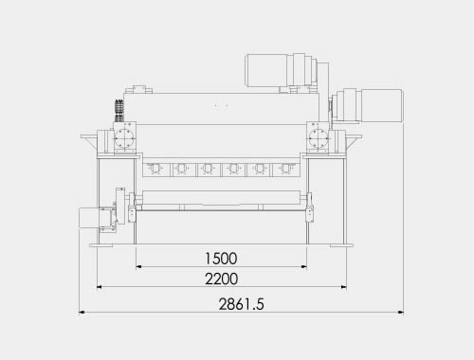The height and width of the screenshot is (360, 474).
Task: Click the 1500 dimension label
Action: click(x=221, y=259)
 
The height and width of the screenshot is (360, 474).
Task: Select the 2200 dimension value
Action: click(x=221, y=279)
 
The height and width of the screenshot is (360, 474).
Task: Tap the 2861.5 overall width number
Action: click(x=241, y=304)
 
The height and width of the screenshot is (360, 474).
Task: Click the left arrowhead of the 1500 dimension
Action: click(x=138, y=267)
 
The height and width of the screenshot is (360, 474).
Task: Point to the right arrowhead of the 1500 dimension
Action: click(x=304, y=267)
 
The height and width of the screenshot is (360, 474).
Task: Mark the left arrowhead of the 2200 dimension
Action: click(x=100, y=287)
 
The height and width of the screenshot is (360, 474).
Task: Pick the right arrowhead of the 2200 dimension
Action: click(x=344, y=287)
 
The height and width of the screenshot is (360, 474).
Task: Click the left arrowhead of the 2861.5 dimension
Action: click(x=82, y=313)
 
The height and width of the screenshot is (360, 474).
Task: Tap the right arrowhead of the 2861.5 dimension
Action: click(x=401, y=313)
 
